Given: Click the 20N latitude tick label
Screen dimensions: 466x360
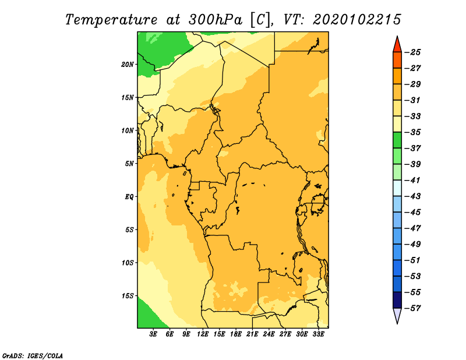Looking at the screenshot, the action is point(128,65).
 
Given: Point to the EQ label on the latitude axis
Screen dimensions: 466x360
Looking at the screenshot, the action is point(129,197).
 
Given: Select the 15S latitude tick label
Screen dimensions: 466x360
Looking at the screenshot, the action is point(128,296).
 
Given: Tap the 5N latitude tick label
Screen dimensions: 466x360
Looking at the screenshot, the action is point(129,164).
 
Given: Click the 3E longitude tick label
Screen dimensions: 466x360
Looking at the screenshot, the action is point(153,334).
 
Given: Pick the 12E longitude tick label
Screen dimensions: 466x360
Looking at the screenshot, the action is point(203,334).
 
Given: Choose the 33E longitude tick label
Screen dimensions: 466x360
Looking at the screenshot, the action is point(318,334).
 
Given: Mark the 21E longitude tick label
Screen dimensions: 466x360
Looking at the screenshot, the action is point(252,334).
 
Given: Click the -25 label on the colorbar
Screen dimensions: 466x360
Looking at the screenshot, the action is point(413,52).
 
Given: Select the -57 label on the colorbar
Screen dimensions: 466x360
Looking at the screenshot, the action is point(413,308).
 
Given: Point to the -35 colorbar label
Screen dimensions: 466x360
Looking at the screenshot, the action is point(413,132).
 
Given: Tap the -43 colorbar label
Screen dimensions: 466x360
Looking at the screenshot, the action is point(413,196).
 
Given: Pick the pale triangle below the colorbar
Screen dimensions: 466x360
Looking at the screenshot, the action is point(397,315).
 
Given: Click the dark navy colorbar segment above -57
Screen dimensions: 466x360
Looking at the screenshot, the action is point(397,300).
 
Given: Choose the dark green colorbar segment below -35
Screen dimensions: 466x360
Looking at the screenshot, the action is point(397,140).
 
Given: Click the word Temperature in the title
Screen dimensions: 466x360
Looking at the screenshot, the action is point(111,20).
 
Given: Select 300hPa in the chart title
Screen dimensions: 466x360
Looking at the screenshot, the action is point(216,20).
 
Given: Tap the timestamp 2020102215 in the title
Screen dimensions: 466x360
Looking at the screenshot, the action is point(357,20).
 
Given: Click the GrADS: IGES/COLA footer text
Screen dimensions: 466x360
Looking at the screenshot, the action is point(33,356).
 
